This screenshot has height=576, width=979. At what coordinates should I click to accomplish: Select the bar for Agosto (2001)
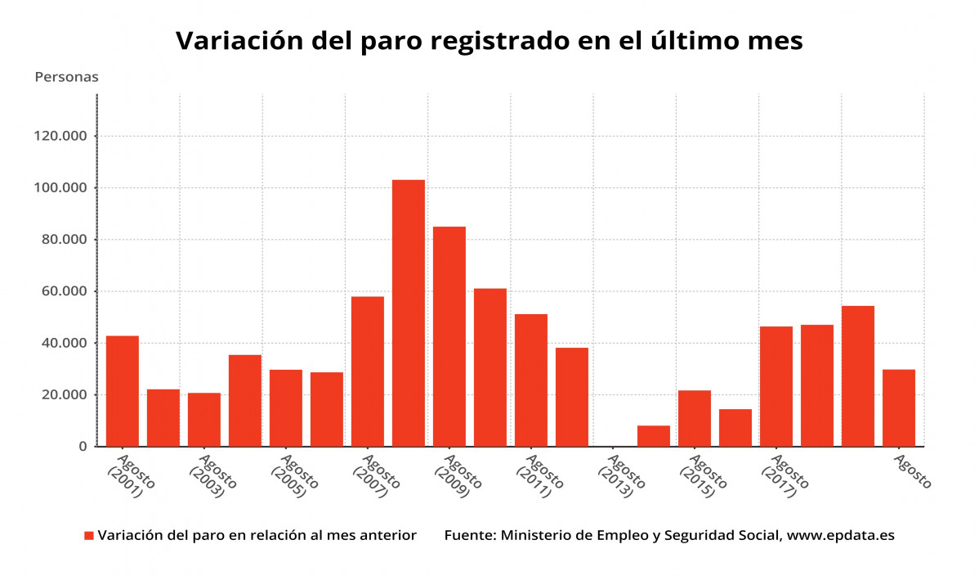point(123,391)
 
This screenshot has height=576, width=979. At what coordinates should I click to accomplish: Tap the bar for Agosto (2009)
point(449,336)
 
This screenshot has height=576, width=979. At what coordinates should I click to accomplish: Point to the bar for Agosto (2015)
point(695,418)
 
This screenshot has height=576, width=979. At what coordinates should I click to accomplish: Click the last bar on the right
point(899,407)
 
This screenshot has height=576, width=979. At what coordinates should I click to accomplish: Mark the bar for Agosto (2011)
point(531,380)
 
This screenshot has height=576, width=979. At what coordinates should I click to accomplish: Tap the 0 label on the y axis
point(82,447)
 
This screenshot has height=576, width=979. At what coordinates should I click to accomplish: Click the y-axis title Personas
point(66,77)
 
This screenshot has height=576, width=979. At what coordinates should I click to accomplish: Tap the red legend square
point(89,536)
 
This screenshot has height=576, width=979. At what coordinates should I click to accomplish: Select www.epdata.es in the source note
point(842,536)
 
